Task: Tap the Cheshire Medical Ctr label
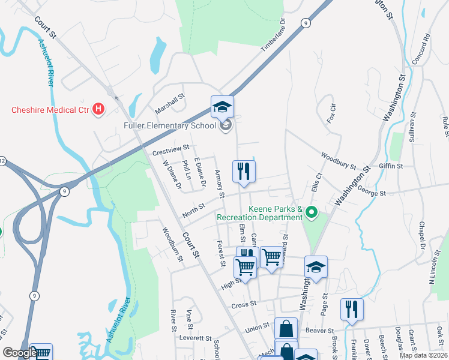click(50, 110)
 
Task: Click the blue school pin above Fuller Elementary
click(222, 107)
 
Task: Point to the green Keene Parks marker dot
click(311, 212)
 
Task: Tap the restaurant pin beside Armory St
click(244, 172)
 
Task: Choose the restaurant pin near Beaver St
click(351, 310)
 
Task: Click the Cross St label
click(244, 305)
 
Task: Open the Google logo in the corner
click(19, 353)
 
